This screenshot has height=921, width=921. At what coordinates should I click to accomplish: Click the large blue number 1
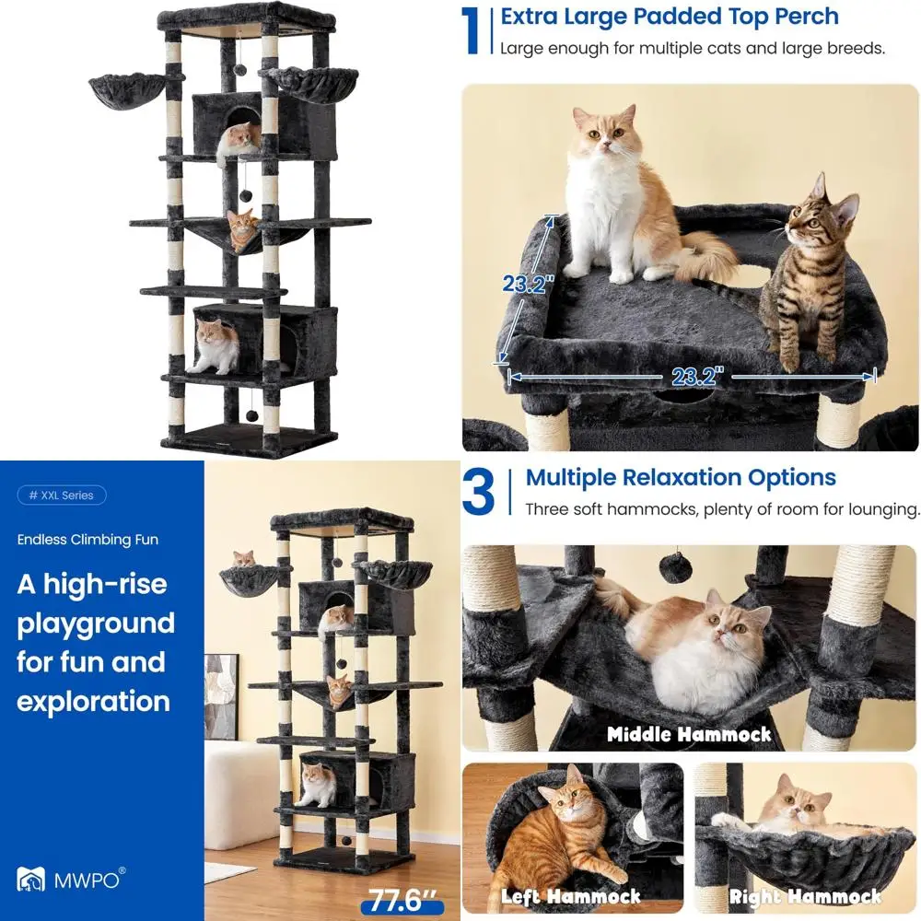(470, 31)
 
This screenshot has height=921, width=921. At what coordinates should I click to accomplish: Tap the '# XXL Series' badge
(62, 495)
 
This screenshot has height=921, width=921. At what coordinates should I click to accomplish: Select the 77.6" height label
(402, 901)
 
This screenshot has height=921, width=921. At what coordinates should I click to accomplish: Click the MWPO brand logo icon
(30, 879)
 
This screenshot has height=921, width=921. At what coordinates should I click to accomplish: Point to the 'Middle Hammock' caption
(689, 734)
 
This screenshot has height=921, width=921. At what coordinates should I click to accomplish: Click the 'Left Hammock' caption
(570, 896)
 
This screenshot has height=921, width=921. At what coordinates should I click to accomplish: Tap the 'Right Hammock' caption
(805, 896)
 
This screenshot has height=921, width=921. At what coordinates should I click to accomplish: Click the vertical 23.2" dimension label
(528, 284)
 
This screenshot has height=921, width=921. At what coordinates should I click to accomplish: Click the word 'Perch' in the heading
(807, 17)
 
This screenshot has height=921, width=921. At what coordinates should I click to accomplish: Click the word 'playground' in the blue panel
(96, 624)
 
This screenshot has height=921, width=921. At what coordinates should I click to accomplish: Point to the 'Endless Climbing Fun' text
(87, 539)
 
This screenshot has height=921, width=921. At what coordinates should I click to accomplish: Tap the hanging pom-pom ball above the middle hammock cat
(675, 566)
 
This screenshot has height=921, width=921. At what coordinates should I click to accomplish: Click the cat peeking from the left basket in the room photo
(244, 559)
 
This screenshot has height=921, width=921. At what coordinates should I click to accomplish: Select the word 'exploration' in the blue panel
(93, 701)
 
